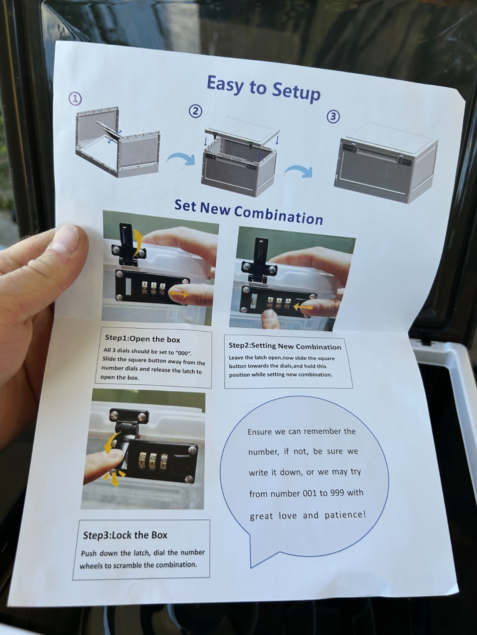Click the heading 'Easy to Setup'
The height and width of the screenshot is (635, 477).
tap(264, 88)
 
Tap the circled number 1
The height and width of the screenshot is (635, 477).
tap(75, 99)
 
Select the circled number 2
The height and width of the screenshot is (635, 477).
tap(196, 111)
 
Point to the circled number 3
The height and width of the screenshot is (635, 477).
tap(333, 117)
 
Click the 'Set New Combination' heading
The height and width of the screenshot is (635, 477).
tap(249, 212)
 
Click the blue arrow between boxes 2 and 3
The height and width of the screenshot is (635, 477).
tap(298, 171)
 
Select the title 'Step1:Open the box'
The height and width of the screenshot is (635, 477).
tap(142, 339)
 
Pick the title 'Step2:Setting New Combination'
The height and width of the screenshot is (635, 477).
tap(285, 346)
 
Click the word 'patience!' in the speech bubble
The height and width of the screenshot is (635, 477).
tap(345, 515)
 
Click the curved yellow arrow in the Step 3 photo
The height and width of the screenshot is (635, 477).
tap(111, 443)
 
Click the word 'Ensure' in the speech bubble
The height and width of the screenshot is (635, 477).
tap(260, 432)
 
